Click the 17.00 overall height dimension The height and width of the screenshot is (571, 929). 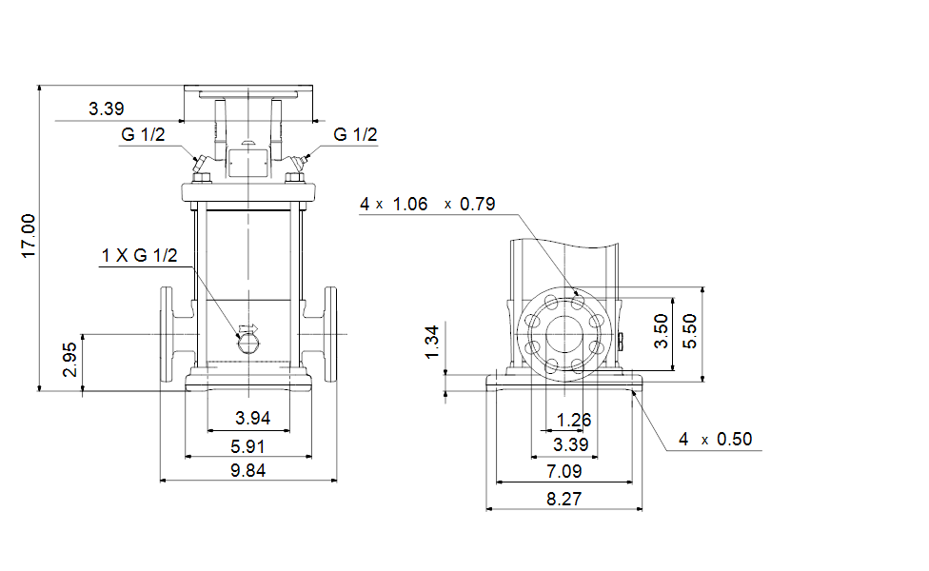[x=29, y=236]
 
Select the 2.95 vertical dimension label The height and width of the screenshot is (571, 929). [x=69, y=360]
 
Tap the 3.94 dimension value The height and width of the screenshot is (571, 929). [x=252, y=418]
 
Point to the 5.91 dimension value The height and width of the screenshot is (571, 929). [x=247, y=446]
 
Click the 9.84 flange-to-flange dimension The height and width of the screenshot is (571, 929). [x=247, y=471]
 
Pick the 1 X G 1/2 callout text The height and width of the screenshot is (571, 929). [x=139, y=255]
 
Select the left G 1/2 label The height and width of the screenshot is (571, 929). [x=143, y=134]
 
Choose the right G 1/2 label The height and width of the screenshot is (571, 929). [x=355, y=134]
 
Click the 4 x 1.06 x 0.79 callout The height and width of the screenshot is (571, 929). [x=427, y=205]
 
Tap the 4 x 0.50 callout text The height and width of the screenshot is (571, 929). [x=715, y=439]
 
